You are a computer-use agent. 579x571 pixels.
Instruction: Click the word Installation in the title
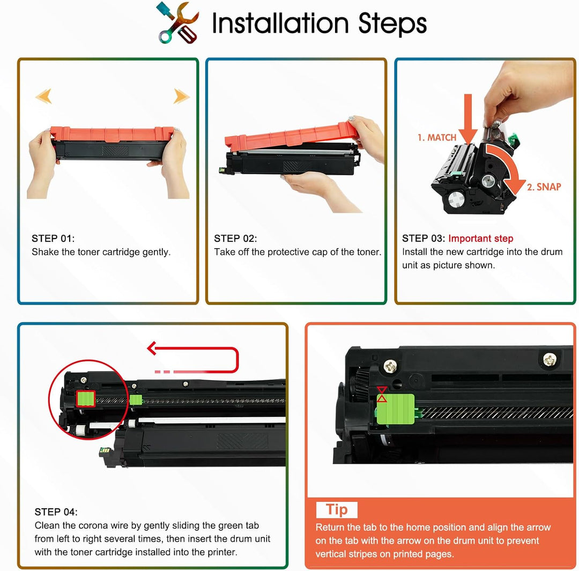tap(280, 24)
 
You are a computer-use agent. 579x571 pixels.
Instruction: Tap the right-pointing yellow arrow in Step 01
tap(182, 97)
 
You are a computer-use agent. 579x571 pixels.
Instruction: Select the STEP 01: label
tap(53, 239)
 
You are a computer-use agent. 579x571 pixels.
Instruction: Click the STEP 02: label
tap(235, 239)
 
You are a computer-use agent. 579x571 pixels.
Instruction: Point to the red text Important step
tap(481, 239)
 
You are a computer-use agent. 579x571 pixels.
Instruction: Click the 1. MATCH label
tap(437, 138)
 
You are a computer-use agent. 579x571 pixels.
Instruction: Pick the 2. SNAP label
tap(544, 187)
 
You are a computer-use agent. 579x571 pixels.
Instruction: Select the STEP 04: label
tap(56, 512)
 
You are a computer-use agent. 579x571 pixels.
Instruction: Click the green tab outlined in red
tap(86, 399)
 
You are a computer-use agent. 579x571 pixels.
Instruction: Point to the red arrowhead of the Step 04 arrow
tap(151, 348)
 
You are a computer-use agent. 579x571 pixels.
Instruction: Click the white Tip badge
tap(337, 510)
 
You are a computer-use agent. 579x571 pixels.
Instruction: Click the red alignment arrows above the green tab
tap(382, 394)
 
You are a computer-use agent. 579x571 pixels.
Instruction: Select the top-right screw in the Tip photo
tap(550, 360)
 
